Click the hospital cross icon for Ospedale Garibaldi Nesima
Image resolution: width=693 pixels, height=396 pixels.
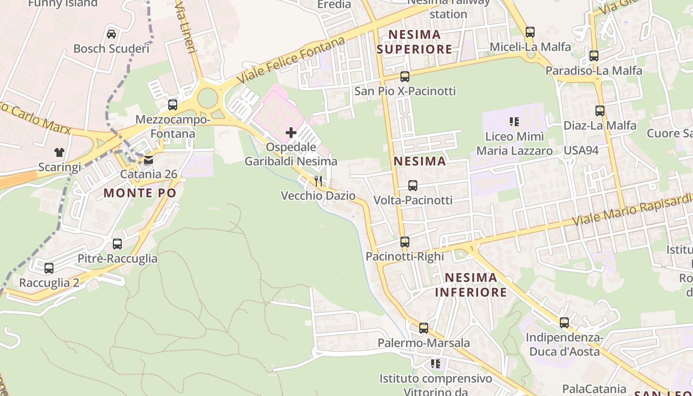click(x=291, y=132)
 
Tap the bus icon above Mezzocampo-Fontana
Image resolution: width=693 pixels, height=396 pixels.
click(x=173, y=105)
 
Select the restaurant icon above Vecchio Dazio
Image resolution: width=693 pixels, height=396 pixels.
click(x=318, y=181)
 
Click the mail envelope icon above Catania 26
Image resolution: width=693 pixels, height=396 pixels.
click(x=148, y=160)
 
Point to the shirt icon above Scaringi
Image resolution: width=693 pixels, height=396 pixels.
click(x=59, y=152)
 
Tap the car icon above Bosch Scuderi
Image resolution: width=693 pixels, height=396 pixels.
click(x=111, y=34)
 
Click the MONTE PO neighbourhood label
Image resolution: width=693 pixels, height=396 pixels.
click(x=140, y=193)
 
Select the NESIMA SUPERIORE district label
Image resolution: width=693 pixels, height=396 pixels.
click(x=414, y=42)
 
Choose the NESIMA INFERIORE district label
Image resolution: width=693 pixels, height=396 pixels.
click(x=471, y=285)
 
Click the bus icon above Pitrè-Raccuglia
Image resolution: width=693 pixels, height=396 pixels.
click(x=117, y=244)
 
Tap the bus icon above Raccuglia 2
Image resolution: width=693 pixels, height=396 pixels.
click(x=49, y=268)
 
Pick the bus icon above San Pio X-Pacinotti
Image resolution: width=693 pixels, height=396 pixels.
click(x=405, y=76)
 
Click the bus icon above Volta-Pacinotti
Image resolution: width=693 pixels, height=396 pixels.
click(x=413, y=186)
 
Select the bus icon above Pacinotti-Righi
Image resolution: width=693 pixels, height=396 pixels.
click(x=405, y=242)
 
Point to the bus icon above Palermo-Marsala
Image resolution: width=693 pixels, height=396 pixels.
click(x=424, y=328)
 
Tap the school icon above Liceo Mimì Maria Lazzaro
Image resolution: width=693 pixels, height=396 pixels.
click(x=514, y=121)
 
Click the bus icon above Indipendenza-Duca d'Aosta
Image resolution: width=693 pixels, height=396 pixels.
click(x=564, y=323)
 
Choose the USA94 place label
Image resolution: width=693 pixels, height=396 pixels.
click(x=581, y=150)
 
